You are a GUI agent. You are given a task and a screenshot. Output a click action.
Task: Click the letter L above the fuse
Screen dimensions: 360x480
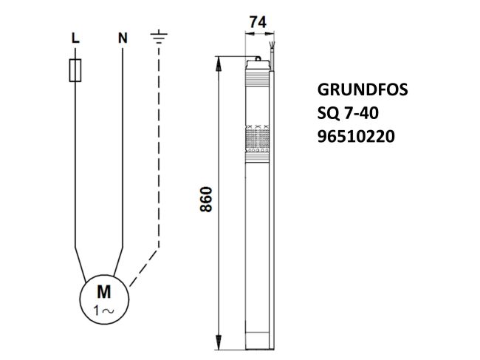74,36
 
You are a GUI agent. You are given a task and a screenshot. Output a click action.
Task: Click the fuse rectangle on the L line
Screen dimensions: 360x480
75,71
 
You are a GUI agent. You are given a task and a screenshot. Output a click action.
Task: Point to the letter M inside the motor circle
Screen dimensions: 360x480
104,290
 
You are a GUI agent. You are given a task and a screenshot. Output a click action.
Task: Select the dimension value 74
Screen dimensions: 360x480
258,23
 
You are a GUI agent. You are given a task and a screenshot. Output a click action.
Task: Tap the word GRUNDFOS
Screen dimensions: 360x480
362,91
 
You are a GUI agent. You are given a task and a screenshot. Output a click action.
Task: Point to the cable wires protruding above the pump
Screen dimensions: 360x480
272,50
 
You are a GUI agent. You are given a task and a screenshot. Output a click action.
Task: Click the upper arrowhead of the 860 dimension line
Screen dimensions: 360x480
219,62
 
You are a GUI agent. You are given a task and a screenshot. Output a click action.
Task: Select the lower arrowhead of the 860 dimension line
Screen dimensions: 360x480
219,344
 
